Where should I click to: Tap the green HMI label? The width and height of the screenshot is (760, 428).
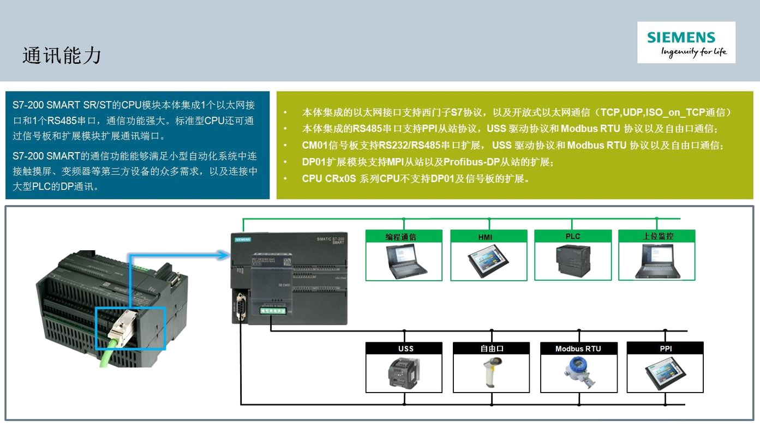[x=488, y=237]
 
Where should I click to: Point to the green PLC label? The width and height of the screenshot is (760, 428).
[x=572, y=237]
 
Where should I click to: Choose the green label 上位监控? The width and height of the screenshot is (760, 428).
[x=657, y=237]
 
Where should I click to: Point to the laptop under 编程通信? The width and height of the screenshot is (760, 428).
[x=405, y=261]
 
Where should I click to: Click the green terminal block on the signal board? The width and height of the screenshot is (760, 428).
[x=273, y=311]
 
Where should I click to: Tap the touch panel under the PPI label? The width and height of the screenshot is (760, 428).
[x=665, y=373]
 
